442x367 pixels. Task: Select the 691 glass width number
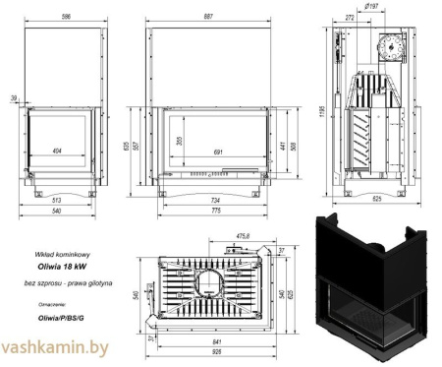[216, 153]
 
